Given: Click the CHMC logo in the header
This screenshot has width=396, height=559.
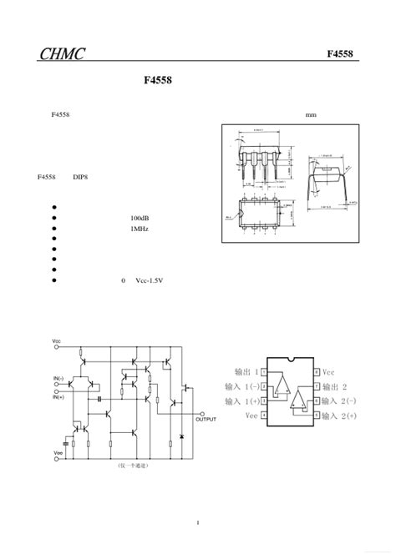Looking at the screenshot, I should [x=62, y=55].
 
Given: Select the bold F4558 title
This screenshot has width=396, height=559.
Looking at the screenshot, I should [x=158, y=84].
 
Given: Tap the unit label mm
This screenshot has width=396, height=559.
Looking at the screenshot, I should [x=311, y=115].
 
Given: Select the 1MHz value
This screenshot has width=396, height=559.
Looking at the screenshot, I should [x=139, y=228].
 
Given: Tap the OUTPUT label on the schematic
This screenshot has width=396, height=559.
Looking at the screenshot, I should [x=205, y=419].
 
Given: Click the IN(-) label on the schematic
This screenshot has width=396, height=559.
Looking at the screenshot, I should [x=58, y=379].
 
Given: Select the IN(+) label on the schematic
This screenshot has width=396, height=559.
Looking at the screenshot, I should [x=58, y=396].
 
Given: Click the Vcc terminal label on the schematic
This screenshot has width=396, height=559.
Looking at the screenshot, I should [x=56, y=341].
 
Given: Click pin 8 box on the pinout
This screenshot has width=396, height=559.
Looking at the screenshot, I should [x=316, y=372].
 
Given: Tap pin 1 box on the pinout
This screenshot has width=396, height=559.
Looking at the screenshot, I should [x=264, y=372].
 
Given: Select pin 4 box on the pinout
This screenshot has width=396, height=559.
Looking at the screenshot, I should [x=264, y=415].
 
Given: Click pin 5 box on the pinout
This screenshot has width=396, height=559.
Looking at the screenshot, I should [x=316, y=415].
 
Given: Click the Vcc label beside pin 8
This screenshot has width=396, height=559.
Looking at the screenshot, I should [x=328, y=372].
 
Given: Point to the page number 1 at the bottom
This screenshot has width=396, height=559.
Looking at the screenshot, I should [x=198, y=523].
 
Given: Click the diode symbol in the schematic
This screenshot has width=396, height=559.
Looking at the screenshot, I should [x=182, y=437].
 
